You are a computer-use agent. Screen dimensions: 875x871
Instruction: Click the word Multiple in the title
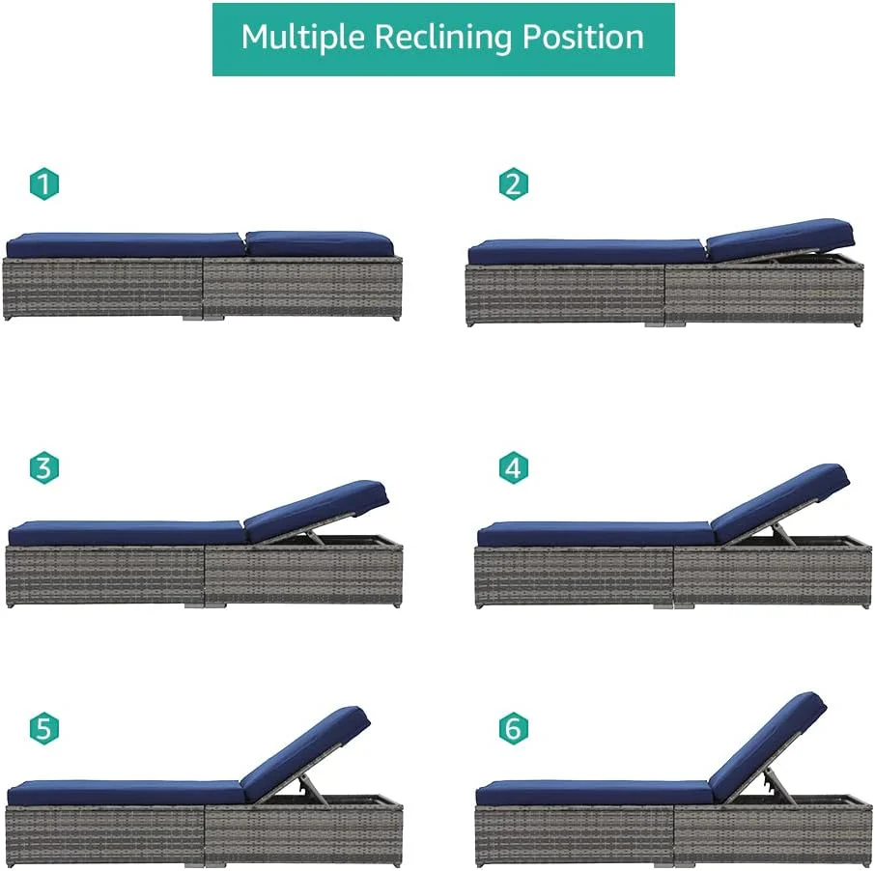pyautogui.click(x=302, y=38)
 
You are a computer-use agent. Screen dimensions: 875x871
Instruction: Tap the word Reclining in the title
pyautogui.click(x=443, y=38)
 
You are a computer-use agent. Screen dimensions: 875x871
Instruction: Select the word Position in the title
pyautogui.click(x=582, y=38)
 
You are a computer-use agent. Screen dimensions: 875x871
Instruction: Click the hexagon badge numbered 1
pyautogui.click(x=44, y=183)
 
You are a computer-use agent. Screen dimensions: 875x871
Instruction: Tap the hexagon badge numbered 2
pyautogui.click(x=514, y=183)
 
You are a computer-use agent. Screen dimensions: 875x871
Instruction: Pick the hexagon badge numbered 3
pyautogui.click(x=44, y=467)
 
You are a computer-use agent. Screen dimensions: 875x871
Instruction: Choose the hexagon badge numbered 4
pyautogui.click(x=514, y=467)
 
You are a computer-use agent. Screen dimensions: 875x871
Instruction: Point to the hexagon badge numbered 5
pyautogui.click(x=44, y=728)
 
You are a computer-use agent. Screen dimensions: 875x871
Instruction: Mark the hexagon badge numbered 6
pyautogui.click(x=514, y=728)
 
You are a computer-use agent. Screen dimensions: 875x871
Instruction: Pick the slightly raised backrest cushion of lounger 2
pyautogui.click(x=780, y=239)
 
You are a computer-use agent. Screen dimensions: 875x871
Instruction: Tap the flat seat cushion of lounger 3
pyautogui.click(x=127, y=533)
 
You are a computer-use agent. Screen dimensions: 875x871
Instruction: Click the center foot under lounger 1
pyautogui.click(x=203, y=318)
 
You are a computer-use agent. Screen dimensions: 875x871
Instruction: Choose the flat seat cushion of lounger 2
pyautogui.click(x=586, y=252)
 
